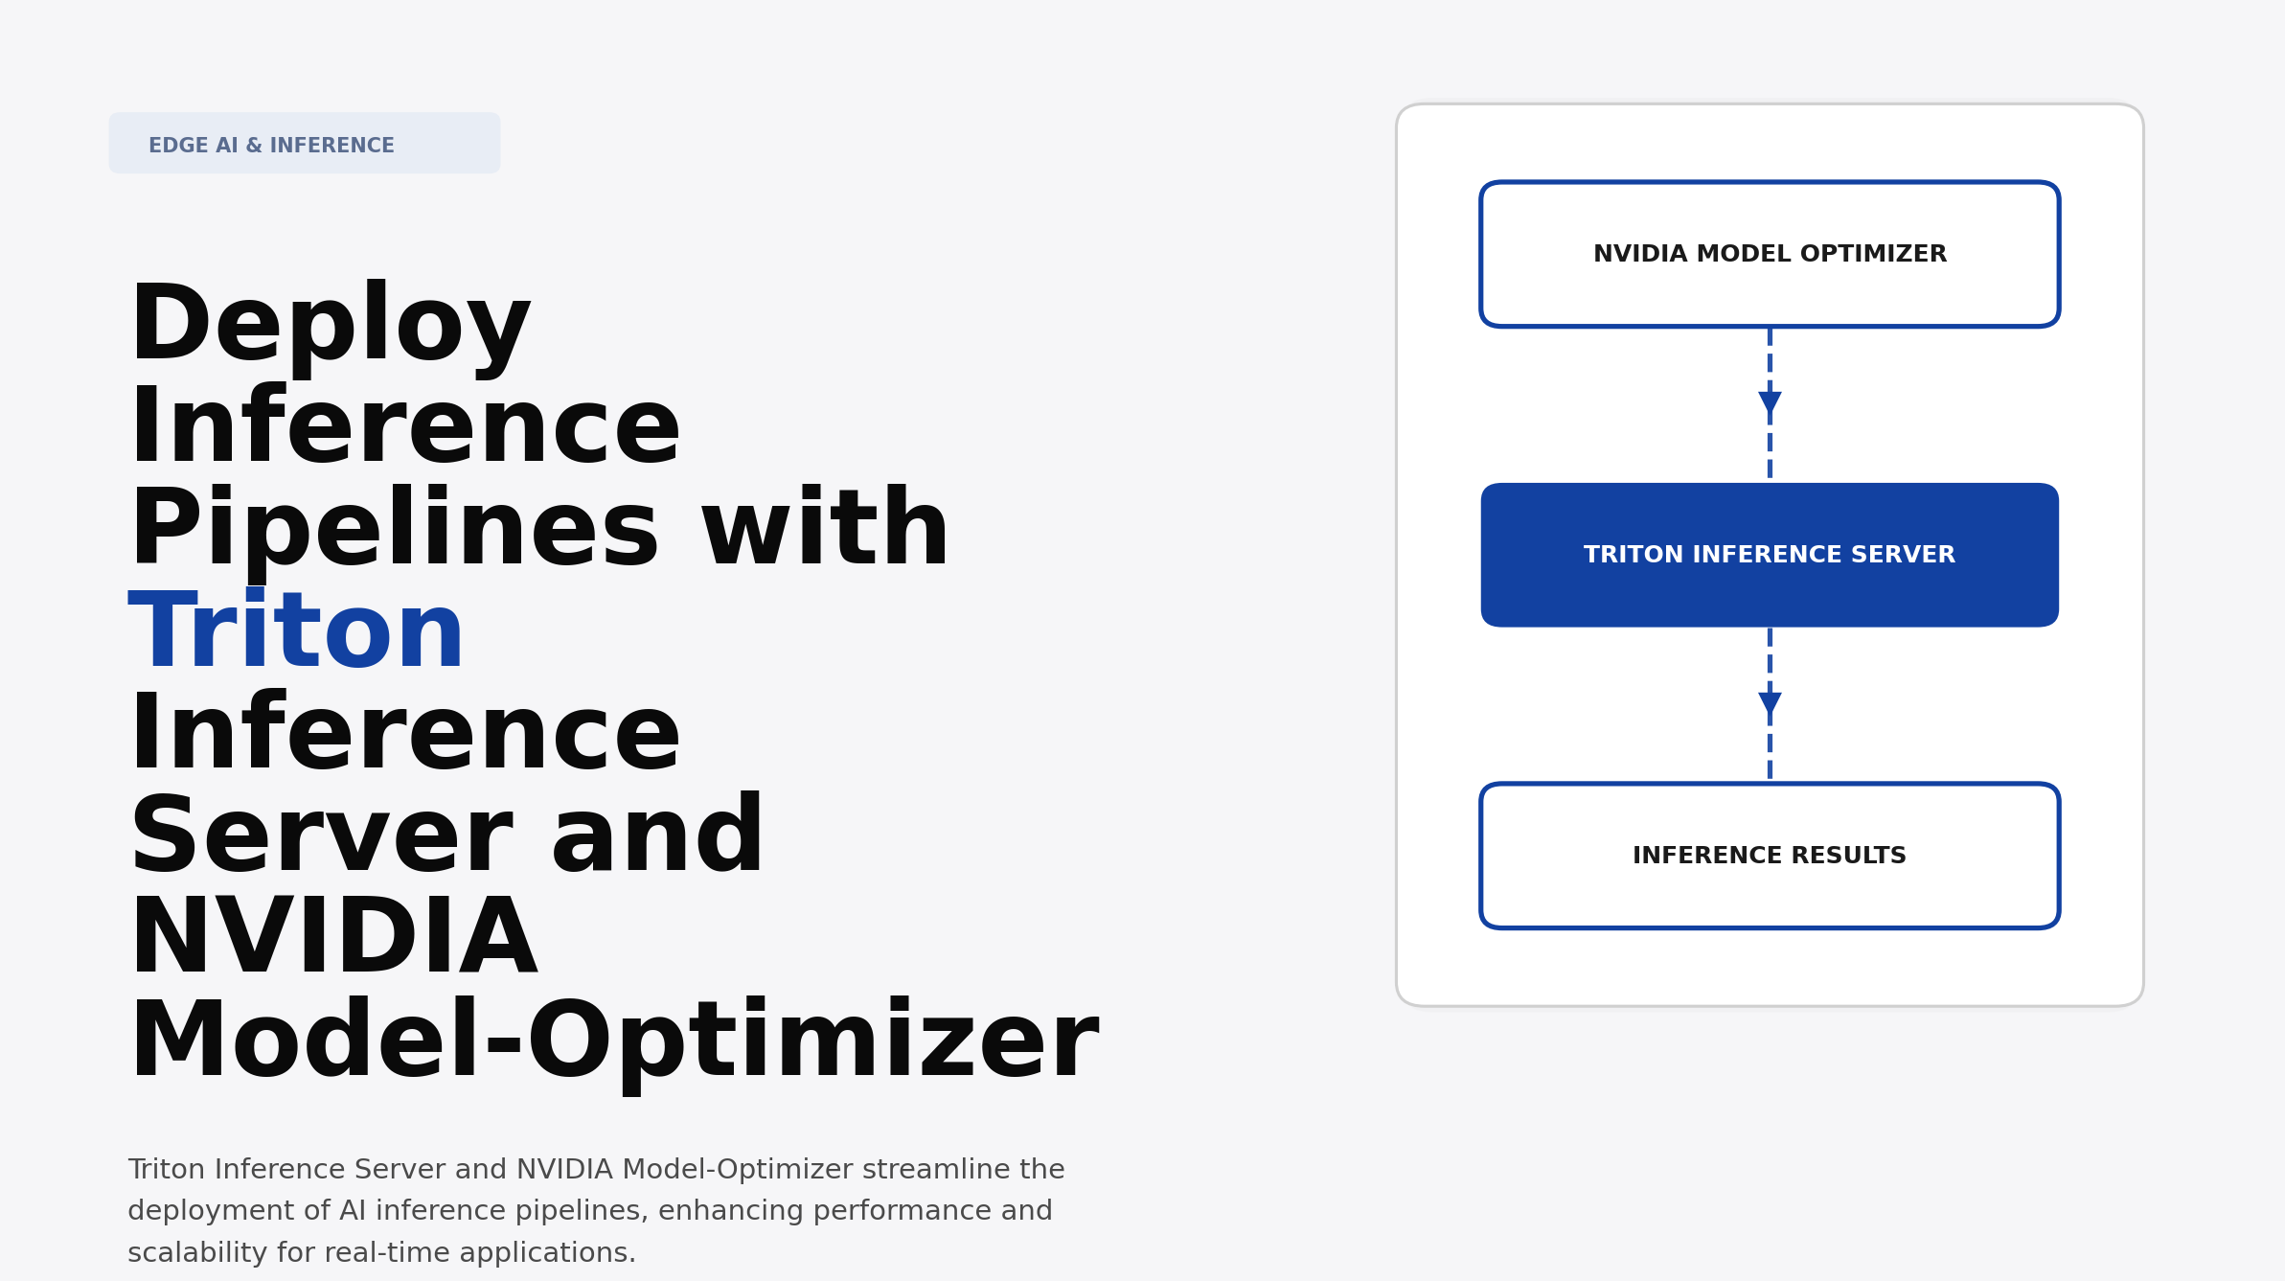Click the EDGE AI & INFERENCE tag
point(304,144)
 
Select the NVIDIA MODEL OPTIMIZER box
point(1769,254)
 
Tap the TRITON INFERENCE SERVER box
point(1769,555)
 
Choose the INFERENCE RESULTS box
point(1769,856)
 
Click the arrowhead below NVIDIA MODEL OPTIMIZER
point(1770,402)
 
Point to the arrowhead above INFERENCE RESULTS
point(1770,703)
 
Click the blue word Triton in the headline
point(296,632)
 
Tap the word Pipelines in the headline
point(394,530)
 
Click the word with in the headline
point(825,530)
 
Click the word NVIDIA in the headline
point(332,939)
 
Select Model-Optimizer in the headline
point(613,1041)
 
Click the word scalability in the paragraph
point(197,1253)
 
